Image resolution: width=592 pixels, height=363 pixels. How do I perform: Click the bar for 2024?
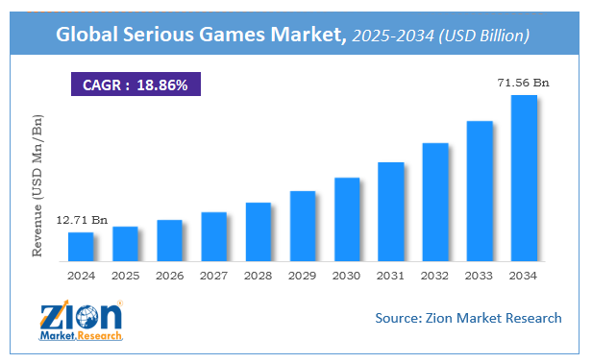81,247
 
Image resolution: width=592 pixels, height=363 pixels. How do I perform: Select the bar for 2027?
213,237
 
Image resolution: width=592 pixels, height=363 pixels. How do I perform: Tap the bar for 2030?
346,220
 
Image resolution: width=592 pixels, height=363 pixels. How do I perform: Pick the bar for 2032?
435,203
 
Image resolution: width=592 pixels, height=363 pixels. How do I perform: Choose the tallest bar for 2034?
524,179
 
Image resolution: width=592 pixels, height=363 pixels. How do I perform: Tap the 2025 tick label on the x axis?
125,276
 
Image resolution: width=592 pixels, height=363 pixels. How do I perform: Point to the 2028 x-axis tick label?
259,276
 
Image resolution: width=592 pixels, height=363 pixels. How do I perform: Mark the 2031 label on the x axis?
391,276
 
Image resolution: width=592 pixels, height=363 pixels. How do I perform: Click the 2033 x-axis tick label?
480,276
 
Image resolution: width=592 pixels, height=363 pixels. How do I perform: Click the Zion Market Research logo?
82,322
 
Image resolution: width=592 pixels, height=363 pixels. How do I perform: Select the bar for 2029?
303,227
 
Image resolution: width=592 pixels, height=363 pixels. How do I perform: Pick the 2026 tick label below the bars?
169,276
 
